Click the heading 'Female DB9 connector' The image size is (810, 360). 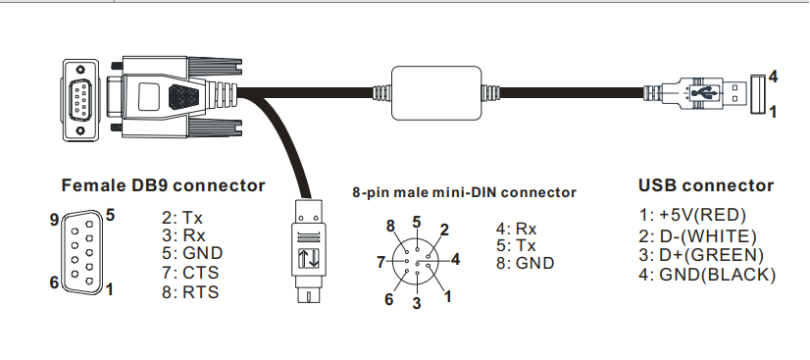(163, 185)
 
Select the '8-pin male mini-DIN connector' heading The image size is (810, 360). (464, 192)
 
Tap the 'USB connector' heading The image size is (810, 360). (705, 185)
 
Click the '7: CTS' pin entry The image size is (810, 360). (193, 272)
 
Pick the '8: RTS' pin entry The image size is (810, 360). (193, 291)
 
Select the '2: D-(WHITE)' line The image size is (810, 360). (697, 235)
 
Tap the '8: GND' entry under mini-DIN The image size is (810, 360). (526, 263)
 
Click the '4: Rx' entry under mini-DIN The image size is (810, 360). (517, 229)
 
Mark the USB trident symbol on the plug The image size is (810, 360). (701, 92)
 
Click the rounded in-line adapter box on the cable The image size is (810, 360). (437, 91)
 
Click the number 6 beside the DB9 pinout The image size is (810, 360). (55, 283)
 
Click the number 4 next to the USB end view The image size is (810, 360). (774, 76)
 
